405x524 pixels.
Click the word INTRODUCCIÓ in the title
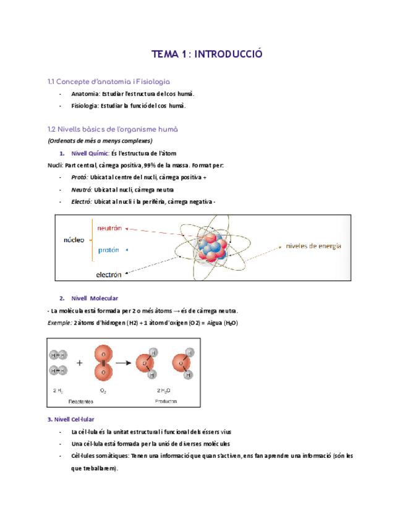click(228, 54)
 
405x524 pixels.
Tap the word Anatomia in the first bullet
click(85, 94)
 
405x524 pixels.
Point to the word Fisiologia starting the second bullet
click(85, 106)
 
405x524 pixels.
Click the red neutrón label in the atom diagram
click(110, 228)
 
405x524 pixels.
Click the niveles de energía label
click(313, 246)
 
